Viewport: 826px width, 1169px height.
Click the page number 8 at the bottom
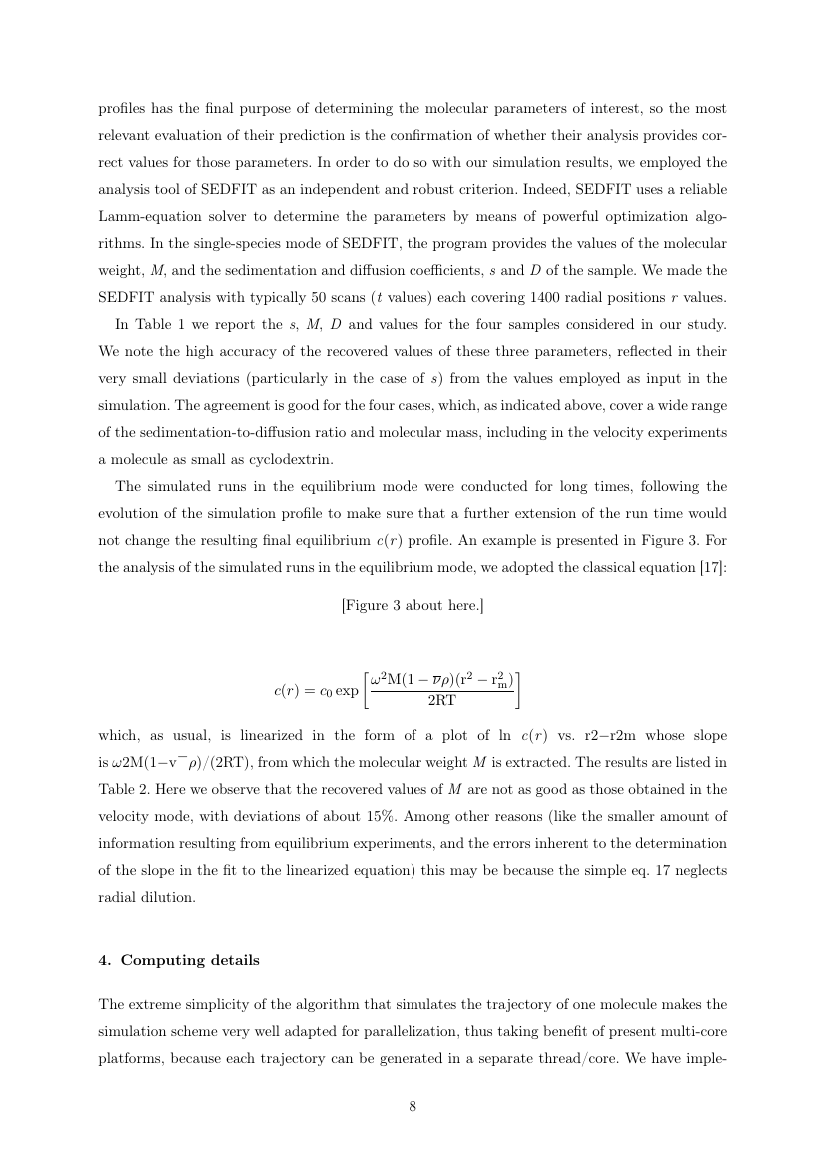pos(413,1106)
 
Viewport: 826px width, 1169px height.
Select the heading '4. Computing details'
pos(179,960)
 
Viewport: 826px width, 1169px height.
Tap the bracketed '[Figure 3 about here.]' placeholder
pos(413,605)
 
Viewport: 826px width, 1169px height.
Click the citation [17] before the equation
pos(715,568)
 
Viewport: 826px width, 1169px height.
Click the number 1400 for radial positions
pos(543,297)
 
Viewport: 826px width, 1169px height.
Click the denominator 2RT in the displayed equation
pos(441,701)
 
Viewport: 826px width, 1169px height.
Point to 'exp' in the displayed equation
pos(346,690)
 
